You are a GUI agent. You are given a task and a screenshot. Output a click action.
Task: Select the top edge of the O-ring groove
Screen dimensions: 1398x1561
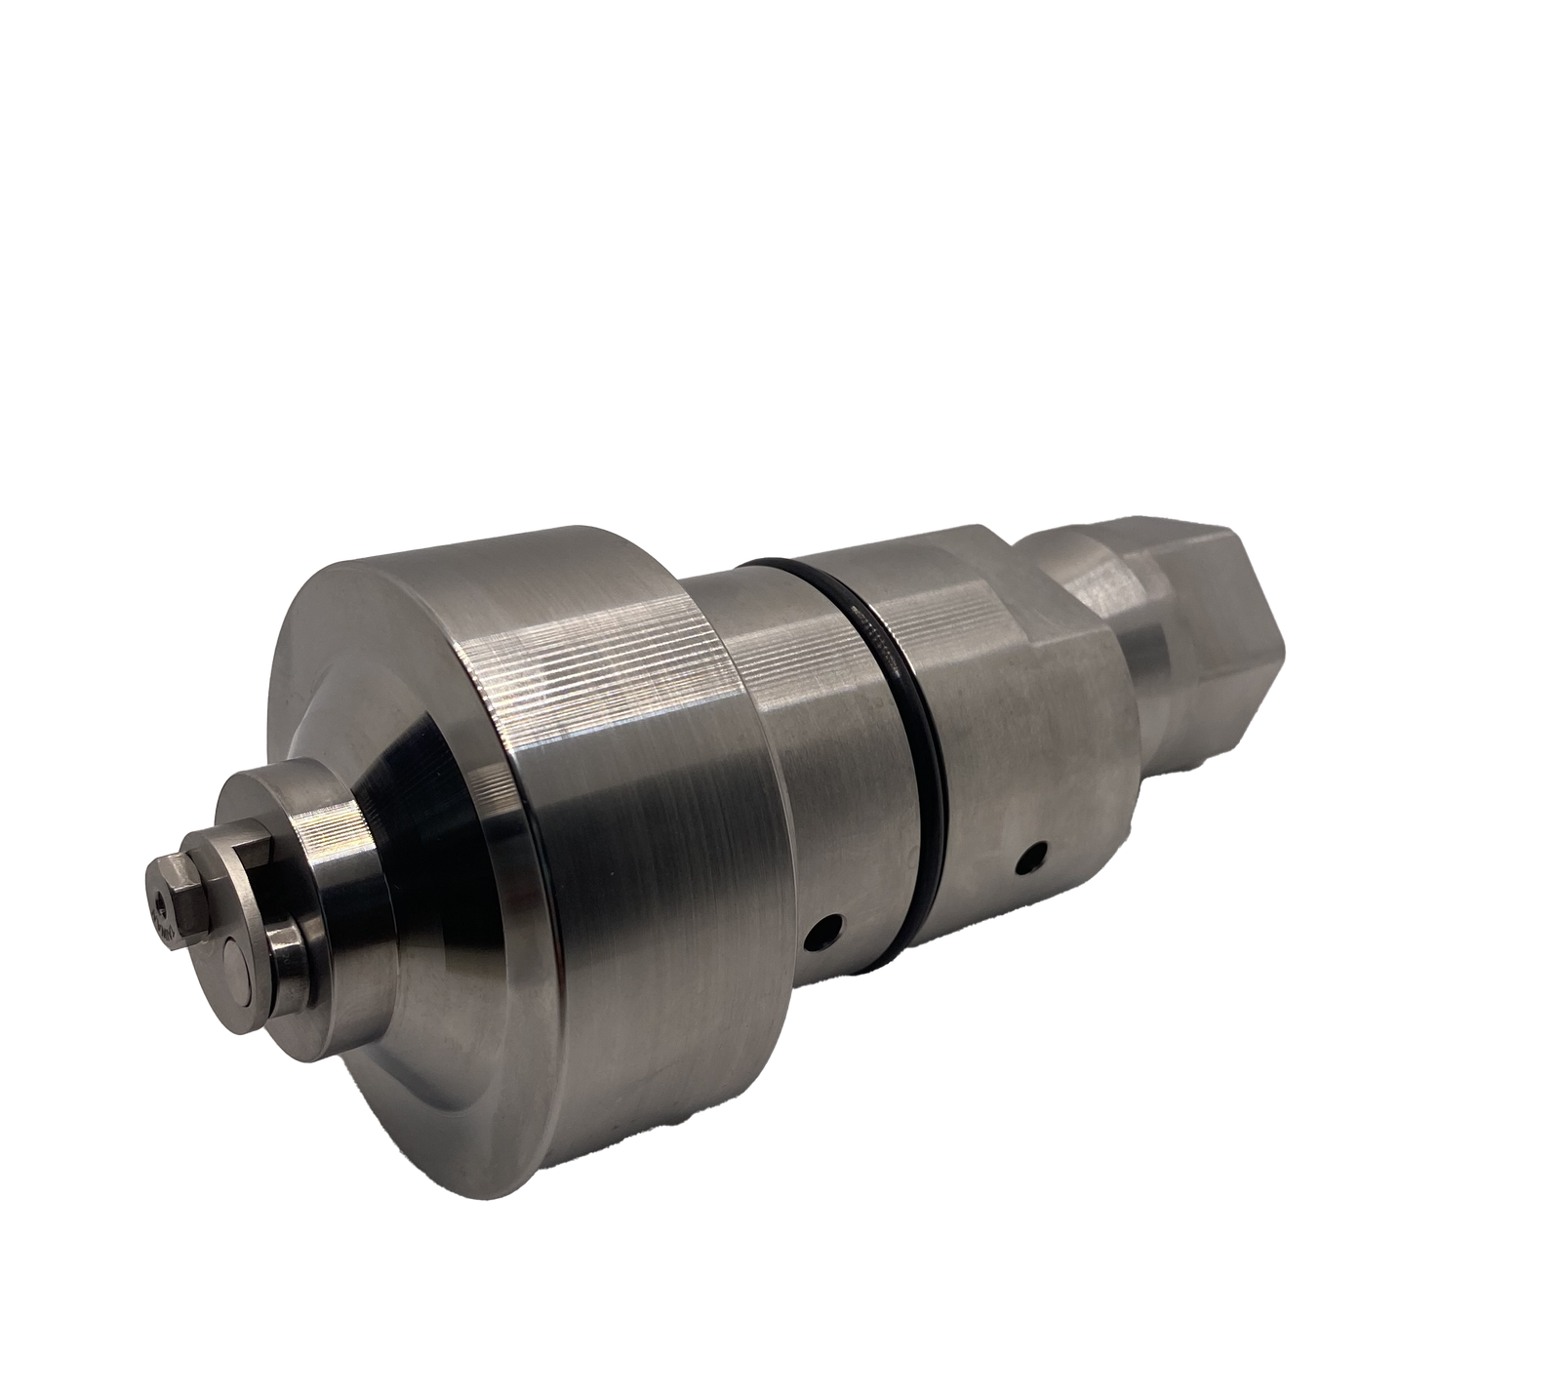[x=780, y=563]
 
